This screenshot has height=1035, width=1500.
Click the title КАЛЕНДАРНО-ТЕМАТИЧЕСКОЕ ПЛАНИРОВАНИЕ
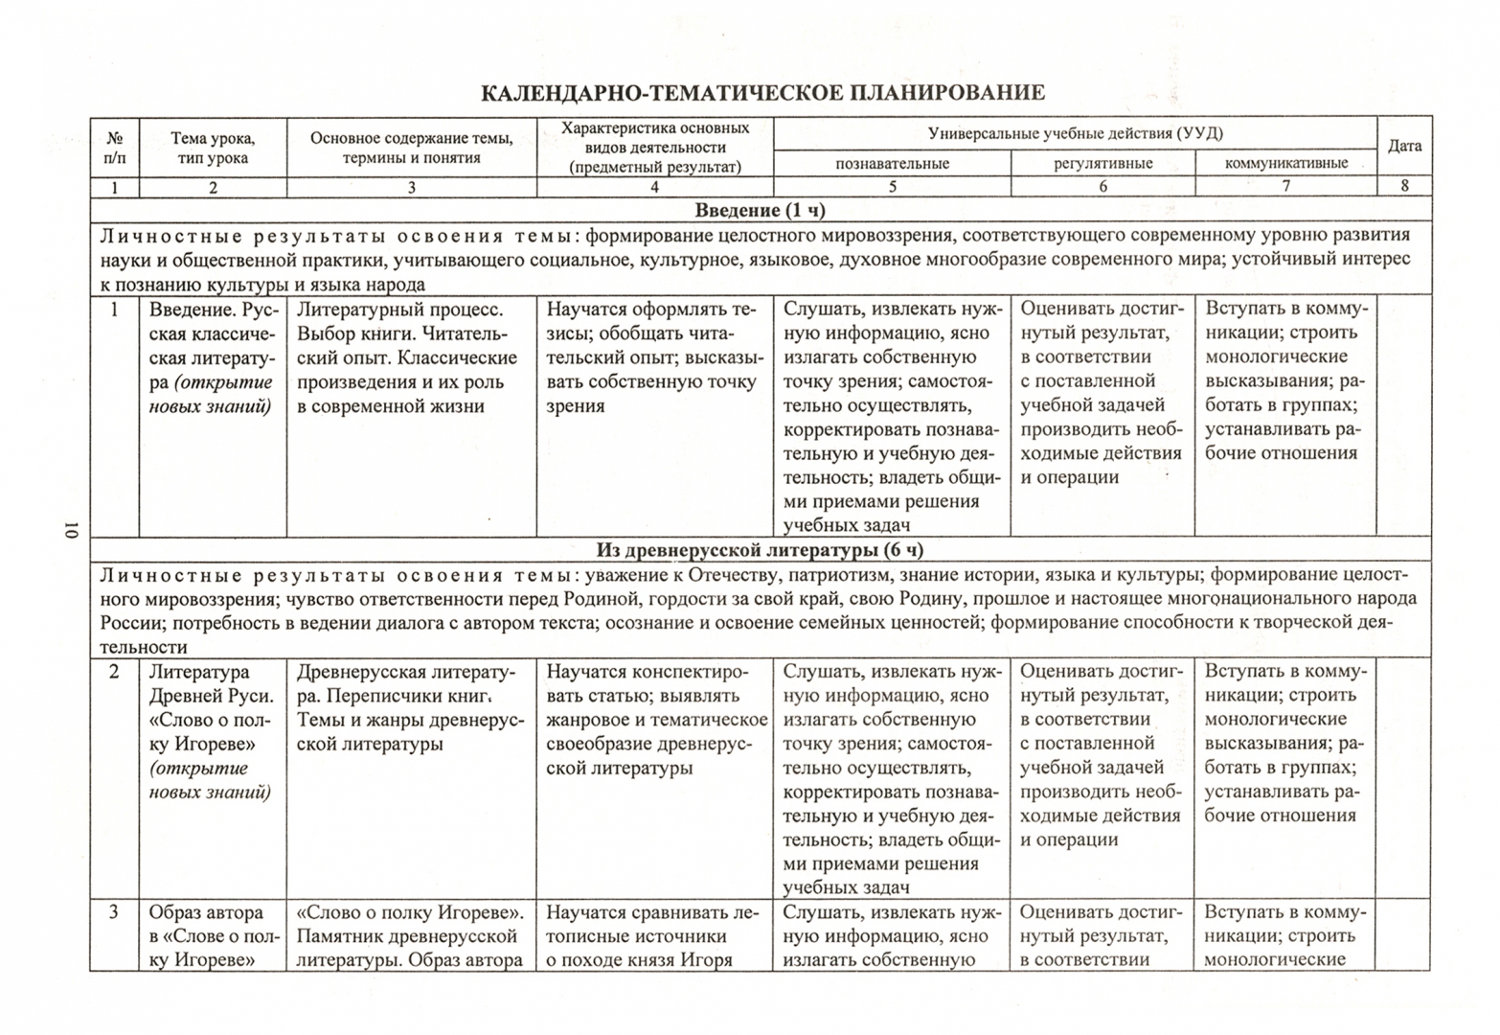[761, 93]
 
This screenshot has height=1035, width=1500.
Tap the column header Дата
[1404, 147]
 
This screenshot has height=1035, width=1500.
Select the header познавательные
[892, 164]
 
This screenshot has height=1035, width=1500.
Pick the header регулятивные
[1102, 164]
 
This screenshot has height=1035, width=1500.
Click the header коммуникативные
[1285, 164]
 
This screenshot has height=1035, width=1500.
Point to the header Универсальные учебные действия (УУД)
[1075, 134]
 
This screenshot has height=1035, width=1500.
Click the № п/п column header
[115, 148]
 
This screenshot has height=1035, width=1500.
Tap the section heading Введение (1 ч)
[760, 211]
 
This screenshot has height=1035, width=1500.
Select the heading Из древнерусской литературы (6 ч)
[760, 550]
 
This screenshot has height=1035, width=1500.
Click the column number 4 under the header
[654, 188]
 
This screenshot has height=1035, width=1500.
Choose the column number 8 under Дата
[1404, 187]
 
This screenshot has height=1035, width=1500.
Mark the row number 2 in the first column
[114, 672]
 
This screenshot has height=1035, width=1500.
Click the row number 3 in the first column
[114, 912]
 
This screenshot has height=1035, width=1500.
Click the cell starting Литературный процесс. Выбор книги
[407, 357]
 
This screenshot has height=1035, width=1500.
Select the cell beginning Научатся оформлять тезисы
[654, 357]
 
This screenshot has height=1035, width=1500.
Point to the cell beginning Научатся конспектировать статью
[656, 720]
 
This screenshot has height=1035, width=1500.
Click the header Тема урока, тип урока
[213, 149]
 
